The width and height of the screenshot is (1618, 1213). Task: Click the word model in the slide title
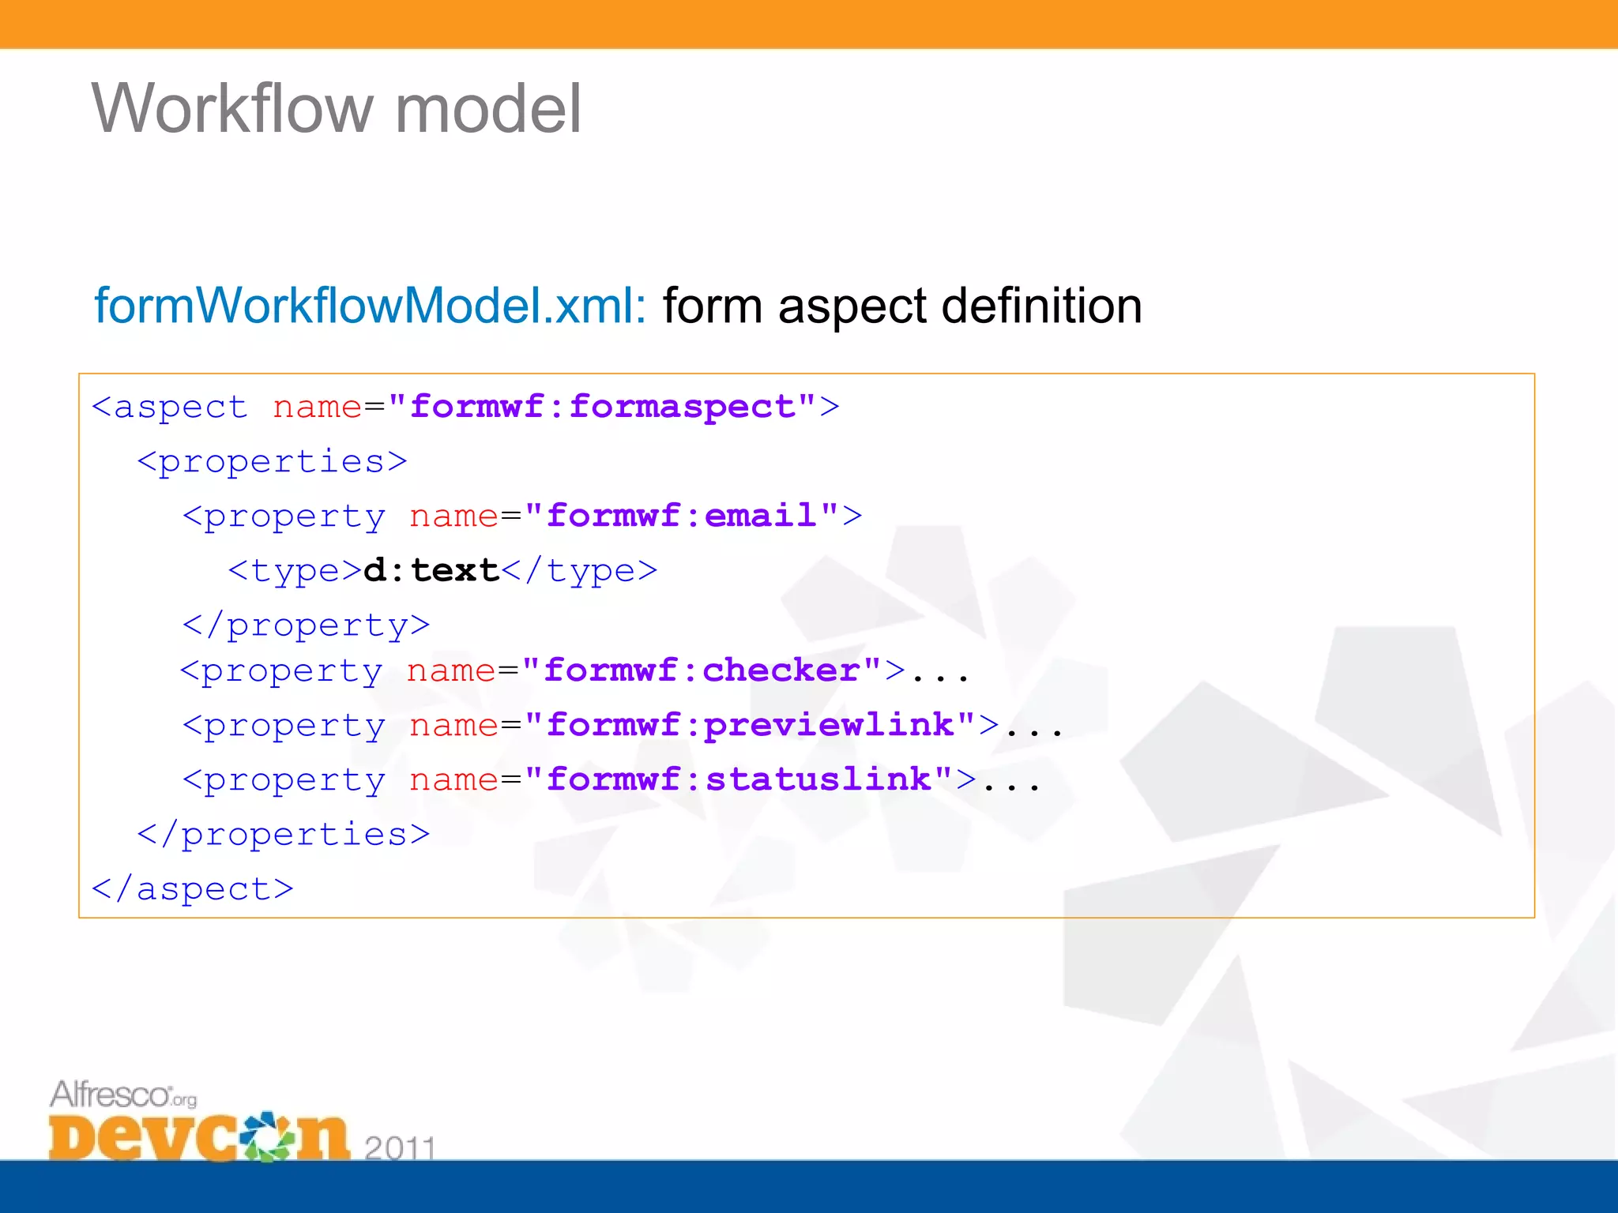pos(487,109)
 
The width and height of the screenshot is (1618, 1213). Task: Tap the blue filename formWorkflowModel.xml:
pos(370,306)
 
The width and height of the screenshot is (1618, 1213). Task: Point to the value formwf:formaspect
pos(602,407)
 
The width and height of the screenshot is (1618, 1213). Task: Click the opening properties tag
pos(273,462)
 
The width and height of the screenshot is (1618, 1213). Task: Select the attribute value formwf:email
pos(681,516)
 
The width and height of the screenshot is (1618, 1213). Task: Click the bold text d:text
pos(431,570)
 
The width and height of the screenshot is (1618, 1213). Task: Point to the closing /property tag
pos(307,625)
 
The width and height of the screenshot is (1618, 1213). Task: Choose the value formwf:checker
pos(702,670)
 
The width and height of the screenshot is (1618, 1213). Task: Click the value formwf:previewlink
pos(750,725)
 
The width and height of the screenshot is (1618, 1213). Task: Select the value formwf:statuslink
pos(739,779)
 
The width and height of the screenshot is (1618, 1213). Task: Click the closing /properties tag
pos(284,835)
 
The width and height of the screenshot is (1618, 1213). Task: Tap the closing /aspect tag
pos(193,889)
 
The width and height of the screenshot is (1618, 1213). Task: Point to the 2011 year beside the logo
pos(400,1147)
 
